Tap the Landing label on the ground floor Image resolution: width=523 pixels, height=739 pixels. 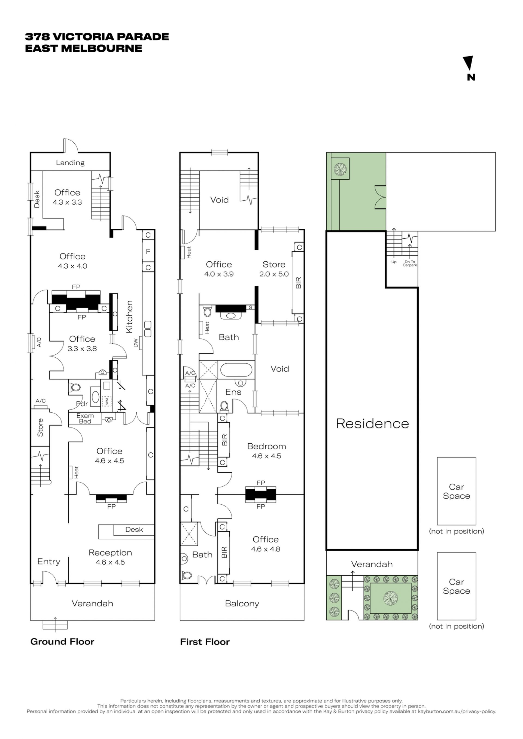pos(70,163)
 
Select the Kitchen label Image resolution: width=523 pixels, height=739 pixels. pos(129,317)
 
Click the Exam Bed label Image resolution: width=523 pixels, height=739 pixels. pos(85,418)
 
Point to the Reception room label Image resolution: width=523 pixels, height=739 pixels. pos(110,553)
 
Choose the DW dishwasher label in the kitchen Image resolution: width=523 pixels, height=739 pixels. pos(136,343)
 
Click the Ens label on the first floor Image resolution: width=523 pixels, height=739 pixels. pos(233,392)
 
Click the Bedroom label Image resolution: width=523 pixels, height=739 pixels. pos(267,446)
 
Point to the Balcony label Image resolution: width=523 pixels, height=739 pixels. pos(242,604)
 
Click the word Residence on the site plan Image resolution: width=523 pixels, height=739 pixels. pos(372,424)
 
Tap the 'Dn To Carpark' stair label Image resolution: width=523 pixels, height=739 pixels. pos(410,263)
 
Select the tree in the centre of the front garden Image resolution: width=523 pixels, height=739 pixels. pos(390,598)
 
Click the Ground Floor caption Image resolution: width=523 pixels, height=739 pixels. pos(62,642)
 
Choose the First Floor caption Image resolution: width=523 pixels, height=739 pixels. pos(205,642)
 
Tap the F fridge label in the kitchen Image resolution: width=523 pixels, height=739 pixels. pos(148,252)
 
